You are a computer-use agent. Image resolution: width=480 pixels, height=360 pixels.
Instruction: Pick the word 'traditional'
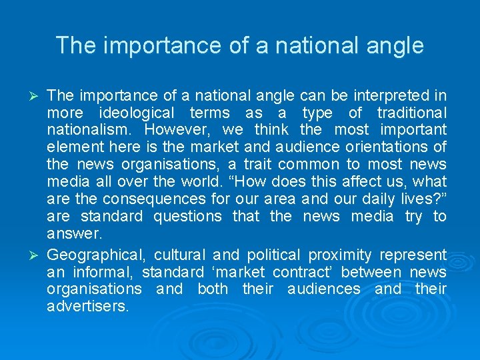click(411, 112)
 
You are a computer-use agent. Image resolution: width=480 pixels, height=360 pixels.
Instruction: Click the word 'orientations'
click(393, 147)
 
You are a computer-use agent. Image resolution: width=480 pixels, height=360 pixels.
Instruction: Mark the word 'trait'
click(254, 164)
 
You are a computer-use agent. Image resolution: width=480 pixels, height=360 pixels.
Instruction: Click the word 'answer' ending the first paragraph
click(73, 233)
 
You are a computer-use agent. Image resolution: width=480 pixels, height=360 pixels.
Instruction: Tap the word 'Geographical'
click(95, 255)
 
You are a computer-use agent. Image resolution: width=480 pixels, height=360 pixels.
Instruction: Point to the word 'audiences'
click(323, 289)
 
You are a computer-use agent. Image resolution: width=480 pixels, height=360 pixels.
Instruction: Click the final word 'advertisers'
click(87, 307)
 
